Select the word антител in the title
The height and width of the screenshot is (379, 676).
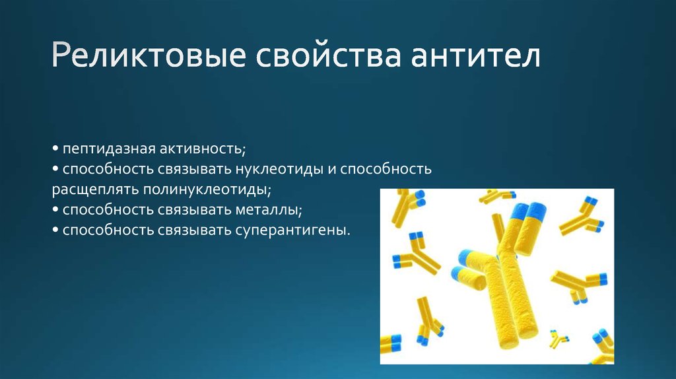click(x=477, y=57)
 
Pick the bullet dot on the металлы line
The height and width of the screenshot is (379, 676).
click(x=56, y=210)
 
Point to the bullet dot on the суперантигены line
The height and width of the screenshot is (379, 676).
click(x=56, y=230)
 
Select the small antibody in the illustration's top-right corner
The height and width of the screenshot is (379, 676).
click(x=582, y=215)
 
